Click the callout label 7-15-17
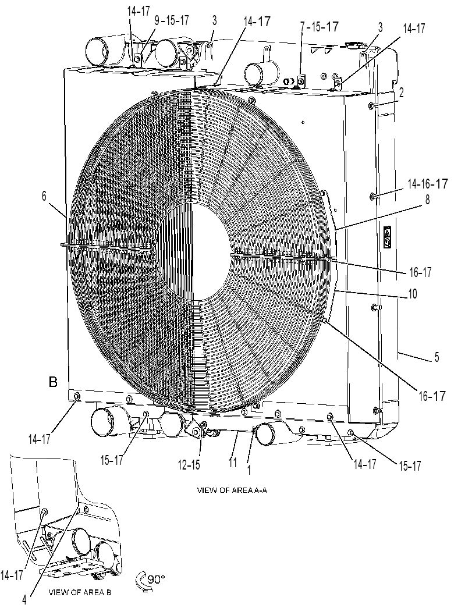[319, 27]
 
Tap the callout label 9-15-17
[172, 20]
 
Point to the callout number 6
[44, 196]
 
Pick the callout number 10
[413, 294]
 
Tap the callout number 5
[436, 357]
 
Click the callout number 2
[401, 93]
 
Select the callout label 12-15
[189, 465]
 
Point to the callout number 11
[233, 463]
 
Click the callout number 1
[249, 470]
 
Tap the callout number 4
[24, 600]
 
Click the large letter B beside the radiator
[53, 381]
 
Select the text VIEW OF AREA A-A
[232, 490]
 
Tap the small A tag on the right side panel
[387, 237]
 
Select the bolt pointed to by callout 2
[371, 105]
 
